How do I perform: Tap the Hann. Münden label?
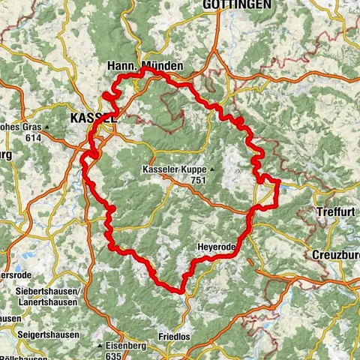145,67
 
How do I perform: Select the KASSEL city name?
92,118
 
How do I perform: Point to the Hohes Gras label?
22,127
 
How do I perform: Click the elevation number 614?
33,138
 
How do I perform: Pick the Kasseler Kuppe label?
173,170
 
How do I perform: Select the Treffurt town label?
334,212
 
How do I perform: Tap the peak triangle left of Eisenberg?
100,346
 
